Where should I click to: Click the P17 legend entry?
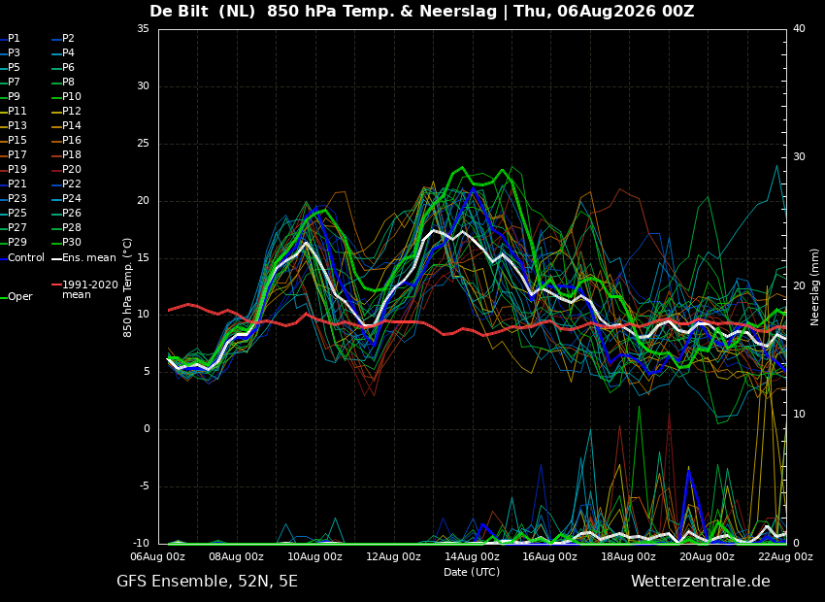tap(16, 154)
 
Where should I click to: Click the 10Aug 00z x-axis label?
tap(315, 556)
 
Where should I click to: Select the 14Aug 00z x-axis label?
tap(472, 556)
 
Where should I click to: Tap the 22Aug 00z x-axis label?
tap(785, 556)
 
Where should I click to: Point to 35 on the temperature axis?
tap(143, 28)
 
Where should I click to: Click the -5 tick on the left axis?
tap(144, 486)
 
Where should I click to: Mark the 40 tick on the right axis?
tap(799, 28)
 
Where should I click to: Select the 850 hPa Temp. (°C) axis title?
tap(127, 287)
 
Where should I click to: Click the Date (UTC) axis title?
tap(472, 572)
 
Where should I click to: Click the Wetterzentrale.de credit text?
tap(701, 582)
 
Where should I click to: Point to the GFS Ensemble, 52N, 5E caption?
tap(207, 582)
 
